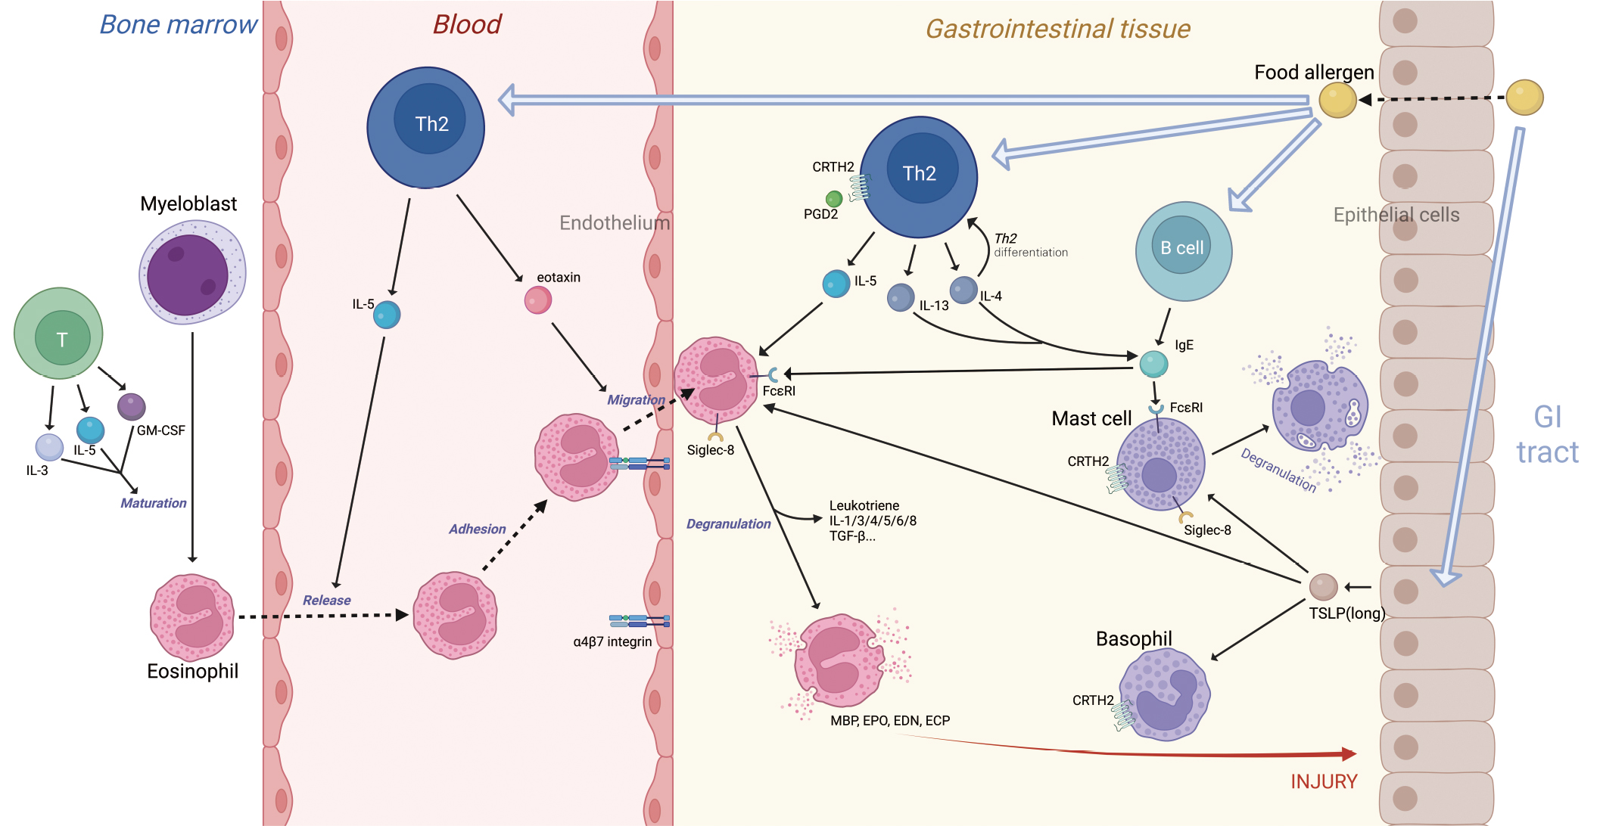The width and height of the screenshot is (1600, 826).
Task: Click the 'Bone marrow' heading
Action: coord(179,24)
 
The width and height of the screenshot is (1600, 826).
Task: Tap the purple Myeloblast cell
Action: coord(191,272)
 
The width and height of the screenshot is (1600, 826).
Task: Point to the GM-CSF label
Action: coord(160,430)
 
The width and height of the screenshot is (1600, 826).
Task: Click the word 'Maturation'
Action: coord(153,503)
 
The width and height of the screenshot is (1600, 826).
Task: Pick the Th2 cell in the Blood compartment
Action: coord(426,127)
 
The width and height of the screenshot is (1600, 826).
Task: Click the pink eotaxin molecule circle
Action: coord(538,300)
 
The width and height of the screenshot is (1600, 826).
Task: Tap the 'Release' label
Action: coord(326,600)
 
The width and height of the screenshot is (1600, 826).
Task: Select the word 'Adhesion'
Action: coord(477,529)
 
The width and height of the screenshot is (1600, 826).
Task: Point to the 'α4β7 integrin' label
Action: coord(612,641)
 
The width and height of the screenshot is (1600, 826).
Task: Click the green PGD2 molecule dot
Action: coord(834,199)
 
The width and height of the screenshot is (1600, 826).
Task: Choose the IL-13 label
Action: coord(934,306)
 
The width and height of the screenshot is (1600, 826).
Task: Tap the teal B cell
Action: coord(1184,250)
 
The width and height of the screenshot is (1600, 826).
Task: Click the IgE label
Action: coord(1184,345)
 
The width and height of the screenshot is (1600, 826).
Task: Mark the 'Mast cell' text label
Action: coord(1091,418)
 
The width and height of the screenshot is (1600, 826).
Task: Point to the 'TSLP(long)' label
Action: coord(1347,613)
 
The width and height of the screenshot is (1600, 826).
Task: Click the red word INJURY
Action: coord(1324,781)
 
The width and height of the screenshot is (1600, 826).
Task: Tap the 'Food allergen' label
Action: coord(1313,72)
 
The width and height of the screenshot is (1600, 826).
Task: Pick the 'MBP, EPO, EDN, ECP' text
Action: coord(889,721)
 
